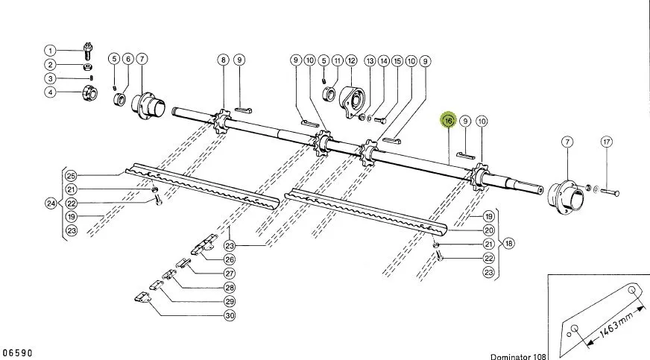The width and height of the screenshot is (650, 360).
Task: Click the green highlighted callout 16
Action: [x=449, y=121]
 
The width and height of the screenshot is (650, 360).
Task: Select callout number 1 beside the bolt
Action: [x=50, y=51]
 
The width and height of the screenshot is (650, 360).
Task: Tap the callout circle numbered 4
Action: [x=50, y=92]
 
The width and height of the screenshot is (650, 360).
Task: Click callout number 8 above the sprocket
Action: [x=224, y=60]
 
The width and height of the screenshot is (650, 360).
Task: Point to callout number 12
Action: [x=352, y=61]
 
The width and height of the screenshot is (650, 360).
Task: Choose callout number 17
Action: [x=607, y=142]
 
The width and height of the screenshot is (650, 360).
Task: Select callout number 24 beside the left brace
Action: [x=51, y=203]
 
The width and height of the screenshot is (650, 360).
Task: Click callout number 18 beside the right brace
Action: [x=508, y=243]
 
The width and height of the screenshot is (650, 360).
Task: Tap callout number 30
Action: [x=230, y=316]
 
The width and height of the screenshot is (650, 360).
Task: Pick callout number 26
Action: [x=230, y=259]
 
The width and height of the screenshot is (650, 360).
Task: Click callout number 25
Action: [x=72, y=176]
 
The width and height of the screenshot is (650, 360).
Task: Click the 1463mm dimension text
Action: [x=616, y=322]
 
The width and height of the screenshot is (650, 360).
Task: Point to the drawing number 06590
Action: [x=17, y=353]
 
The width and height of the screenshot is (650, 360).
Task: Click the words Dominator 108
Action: [x=518, y=357]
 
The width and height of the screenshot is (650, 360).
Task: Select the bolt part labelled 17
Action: [x=610, y=193]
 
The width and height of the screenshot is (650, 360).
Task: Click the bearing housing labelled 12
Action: [x=352, y=102]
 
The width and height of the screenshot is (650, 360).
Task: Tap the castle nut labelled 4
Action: [x=90, y=93]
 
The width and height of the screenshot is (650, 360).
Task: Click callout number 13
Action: [x=370, y=61]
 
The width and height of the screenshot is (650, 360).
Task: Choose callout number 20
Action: [x=489, y=230]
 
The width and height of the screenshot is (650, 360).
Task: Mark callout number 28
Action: [x=230, y=288]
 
